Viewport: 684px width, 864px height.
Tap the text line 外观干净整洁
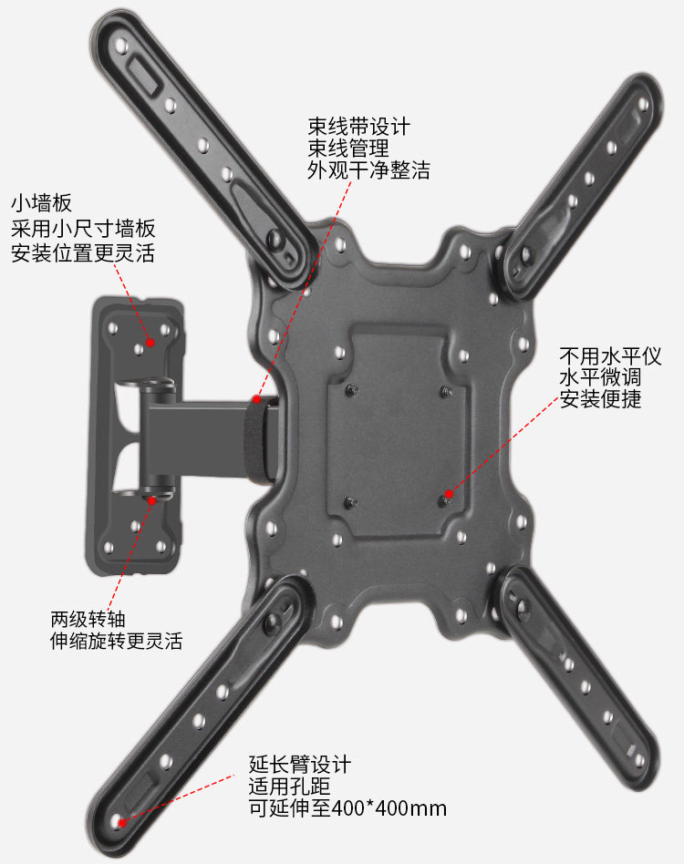point(368,170)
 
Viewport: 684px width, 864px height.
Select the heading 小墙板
point(41,202)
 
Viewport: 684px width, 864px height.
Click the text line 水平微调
point(601,376)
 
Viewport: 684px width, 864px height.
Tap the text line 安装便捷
point(601,398)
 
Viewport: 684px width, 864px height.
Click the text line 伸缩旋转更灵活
point(116,642)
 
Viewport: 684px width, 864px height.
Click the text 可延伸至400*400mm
point(347,808)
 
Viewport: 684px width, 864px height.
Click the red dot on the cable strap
point(257,398)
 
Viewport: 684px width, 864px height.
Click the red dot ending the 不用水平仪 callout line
point(447,496)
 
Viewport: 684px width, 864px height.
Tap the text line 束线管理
point(348,148)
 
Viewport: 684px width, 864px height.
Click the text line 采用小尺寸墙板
point(83,228)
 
